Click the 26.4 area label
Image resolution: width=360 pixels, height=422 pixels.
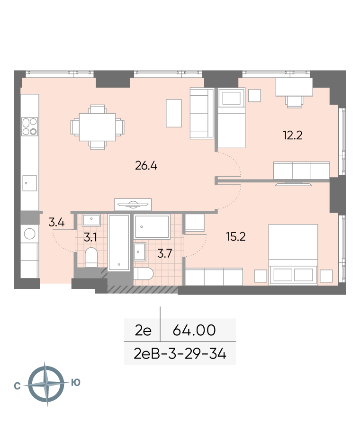pos(146,166)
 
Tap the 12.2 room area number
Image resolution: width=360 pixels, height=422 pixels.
pos(292,135)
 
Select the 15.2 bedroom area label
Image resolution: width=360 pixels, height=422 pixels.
pos(236,236)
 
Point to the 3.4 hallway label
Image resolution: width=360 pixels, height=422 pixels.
pos(56,222)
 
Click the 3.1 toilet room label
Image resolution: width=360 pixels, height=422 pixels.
pos(90,237)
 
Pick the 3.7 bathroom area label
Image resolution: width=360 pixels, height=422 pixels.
pos(164,253)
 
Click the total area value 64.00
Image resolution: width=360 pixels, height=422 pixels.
pos(194,330)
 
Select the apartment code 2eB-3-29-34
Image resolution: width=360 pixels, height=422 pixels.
pos(180,354)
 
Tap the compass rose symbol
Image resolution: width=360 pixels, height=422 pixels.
pos(46,384)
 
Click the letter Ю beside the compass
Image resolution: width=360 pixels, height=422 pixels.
pos(76,382)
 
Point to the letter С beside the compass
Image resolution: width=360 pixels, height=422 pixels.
pos(17,386)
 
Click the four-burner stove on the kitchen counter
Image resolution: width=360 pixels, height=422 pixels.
pos(30,126)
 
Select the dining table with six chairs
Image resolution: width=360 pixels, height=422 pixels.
pos(98,127)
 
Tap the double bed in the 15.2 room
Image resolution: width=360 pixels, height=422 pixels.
pos(293,254)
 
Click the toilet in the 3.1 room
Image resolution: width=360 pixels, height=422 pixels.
pos(91,257)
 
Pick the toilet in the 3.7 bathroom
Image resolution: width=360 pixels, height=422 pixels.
pos(144,274)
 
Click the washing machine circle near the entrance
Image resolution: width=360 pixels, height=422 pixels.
pos(30,234)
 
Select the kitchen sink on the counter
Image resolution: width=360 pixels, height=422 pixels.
pos(30,183)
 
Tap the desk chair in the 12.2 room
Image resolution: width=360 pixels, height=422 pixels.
pos(294,102)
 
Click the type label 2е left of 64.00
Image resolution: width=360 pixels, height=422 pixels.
pos(143,330)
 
